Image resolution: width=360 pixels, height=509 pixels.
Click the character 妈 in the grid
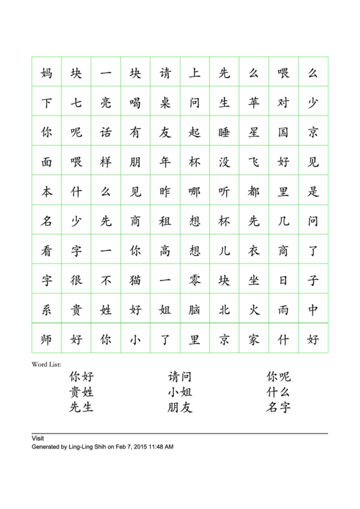click(47, 73)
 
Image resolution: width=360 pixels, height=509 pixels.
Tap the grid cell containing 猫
click(136, 280)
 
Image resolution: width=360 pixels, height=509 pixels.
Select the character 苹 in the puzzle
click(254, 103)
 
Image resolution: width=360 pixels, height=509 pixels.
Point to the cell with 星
click(254, 133)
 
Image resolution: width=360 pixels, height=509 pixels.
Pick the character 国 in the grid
click(283, 133)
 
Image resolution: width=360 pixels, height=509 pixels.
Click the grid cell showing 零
click(195, 280)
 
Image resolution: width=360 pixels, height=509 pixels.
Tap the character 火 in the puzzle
click(254, 310)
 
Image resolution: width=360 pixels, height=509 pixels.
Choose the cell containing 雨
click(283, 310)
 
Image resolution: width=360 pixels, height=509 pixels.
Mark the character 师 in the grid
click(47, 339)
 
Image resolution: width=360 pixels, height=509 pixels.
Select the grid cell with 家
click(254, 339)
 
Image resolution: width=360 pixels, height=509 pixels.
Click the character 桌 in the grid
click(165, 103)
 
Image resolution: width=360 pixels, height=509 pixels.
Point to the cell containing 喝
click(136, 103)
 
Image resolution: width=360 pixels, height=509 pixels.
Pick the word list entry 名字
click(278, 408)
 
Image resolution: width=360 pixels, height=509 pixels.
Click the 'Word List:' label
click(46, 364)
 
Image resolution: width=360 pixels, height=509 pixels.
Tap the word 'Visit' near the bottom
click(38, 438)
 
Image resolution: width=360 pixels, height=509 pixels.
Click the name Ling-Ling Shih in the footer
click(88, 447)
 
